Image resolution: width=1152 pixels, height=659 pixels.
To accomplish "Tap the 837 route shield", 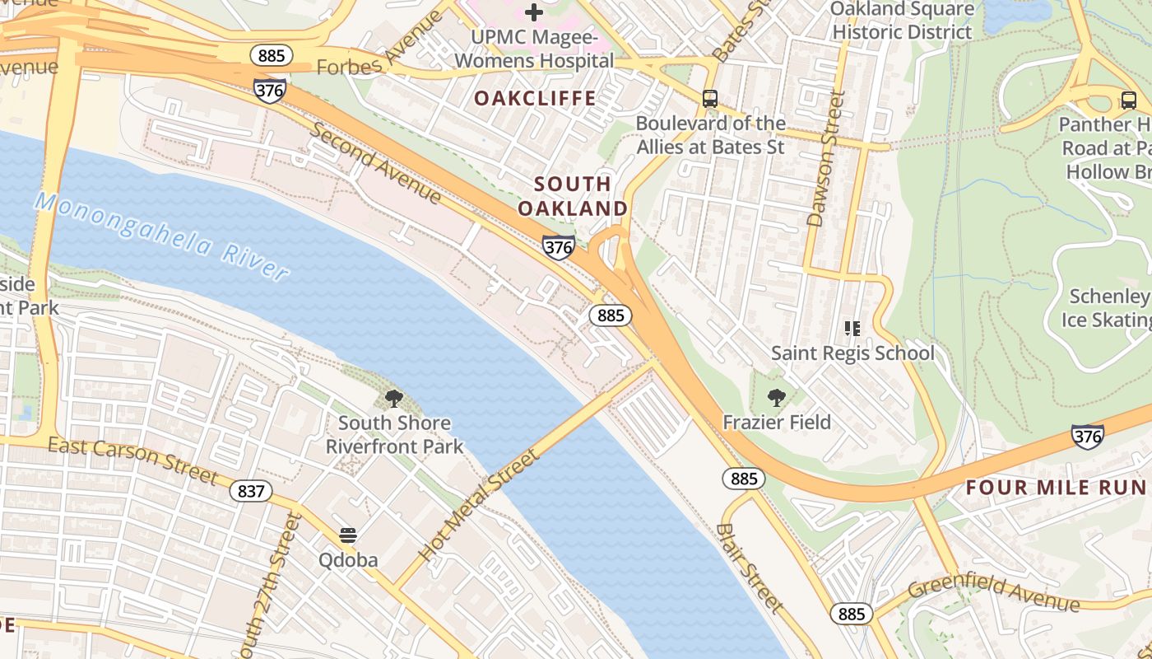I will click(x=250, y=492).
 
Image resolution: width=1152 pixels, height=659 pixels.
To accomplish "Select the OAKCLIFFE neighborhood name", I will click(x=535, y=99).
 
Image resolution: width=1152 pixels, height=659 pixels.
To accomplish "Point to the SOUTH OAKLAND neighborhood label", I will click(x=573, y=196).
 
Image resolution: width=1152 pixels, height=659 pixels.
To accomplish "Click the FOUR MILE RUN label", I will click(x=1057, y=487).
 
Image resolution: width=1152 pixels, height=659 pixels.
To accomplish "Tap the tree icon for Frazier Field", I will click(x=776, y=399).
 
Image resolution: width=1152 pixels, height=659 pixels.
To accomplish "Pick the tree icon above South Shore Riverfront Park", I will click(x=394, y=400).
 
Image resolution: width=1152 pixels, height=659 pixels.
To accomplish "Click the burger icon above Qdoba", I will click(x=348, y=535).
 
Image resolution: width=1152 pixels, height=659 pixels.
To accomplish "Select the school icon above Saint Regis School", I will click(x=852, y=329).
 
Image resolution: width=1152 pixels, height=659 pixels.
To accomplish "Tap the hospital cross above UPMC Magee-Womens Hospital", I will click(x=534, y=12).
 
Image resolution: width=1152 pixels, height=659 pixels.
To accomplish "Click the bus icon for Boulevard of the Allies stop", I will click(x=710, y=99).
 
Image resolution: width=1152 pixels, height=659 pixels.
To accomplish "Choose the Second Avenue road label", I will click(x=375, y=164).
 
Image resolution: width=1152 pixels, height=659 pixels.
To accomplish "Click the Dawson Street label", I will click(x=826, y=158).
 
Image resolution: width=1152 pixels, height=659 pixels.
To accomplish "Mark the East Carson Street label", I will click(x=132, y=460).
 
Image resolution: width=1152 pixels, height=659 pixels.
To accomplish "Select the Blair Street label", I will click(x=748, y=568).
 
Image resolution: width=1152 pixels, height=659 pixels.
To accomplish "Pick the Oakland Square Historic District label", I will click(x=903, y=21).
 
